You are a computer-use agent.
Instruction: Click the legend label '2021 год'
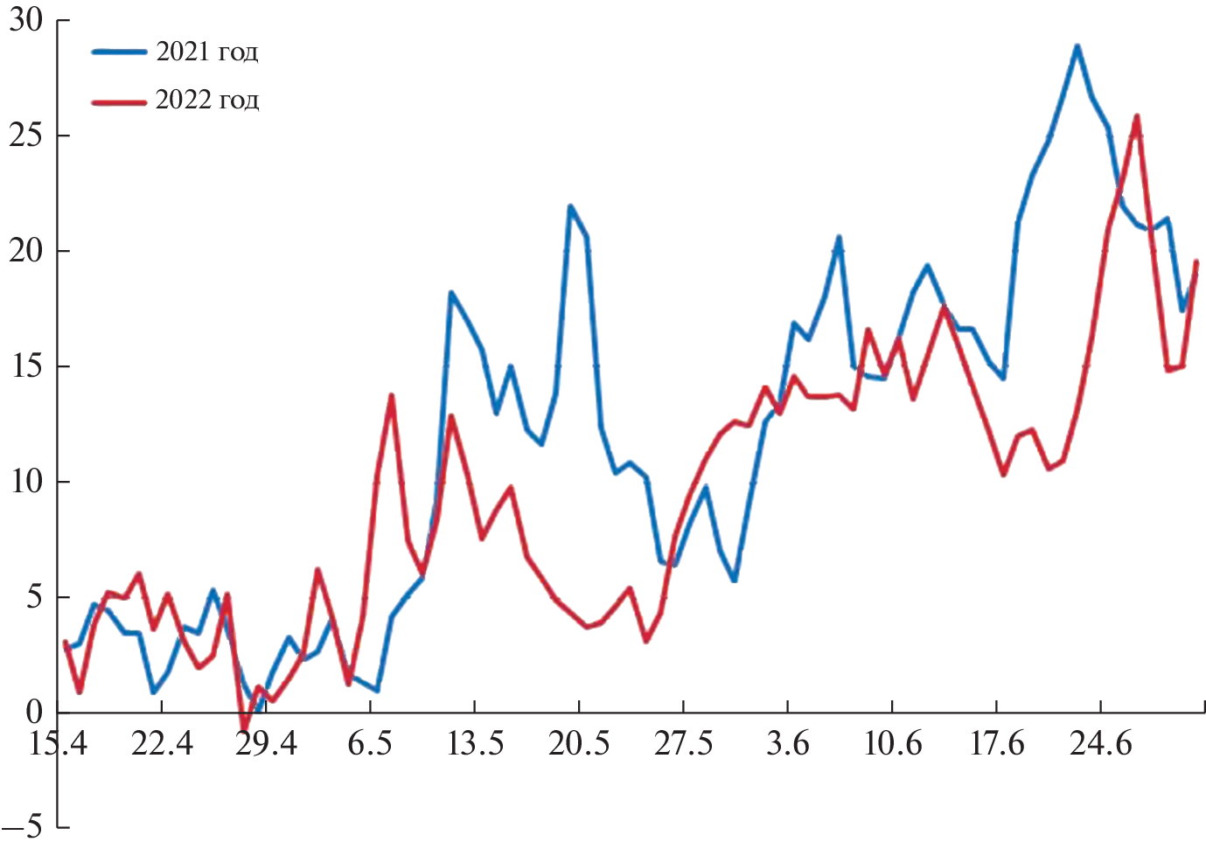206,52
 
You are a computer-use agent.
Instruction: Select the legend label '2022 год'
206,101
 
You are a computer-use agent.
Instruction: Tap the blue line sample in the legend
119,52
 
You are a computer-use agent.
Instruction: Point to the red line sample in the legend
119,101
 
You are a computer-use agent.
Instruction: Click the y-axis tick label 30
26,20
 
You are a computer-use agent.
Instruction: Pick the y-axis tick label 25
26,136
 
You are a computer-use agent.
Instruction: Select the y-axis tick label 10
26,482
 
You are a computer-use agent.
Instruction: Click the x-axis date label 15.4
58,744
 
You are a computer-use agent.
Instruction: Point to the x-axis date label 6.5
370,744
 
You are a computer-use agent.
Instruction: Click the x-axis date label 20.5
578,744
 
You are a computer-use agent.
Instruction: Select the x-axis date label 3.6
787,744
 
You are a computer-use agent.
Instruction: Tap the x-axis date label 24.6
1100,744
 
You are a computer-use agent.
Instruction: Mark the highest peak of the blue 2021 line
1077,46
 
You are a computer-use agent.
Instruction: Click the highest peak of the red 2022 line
1137,116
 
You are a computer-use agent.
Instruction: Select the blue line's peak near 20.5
570,207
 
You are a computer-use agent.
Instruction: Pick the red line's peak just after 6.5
391,396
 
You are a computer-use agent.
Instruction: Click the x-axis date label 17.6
996,744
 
